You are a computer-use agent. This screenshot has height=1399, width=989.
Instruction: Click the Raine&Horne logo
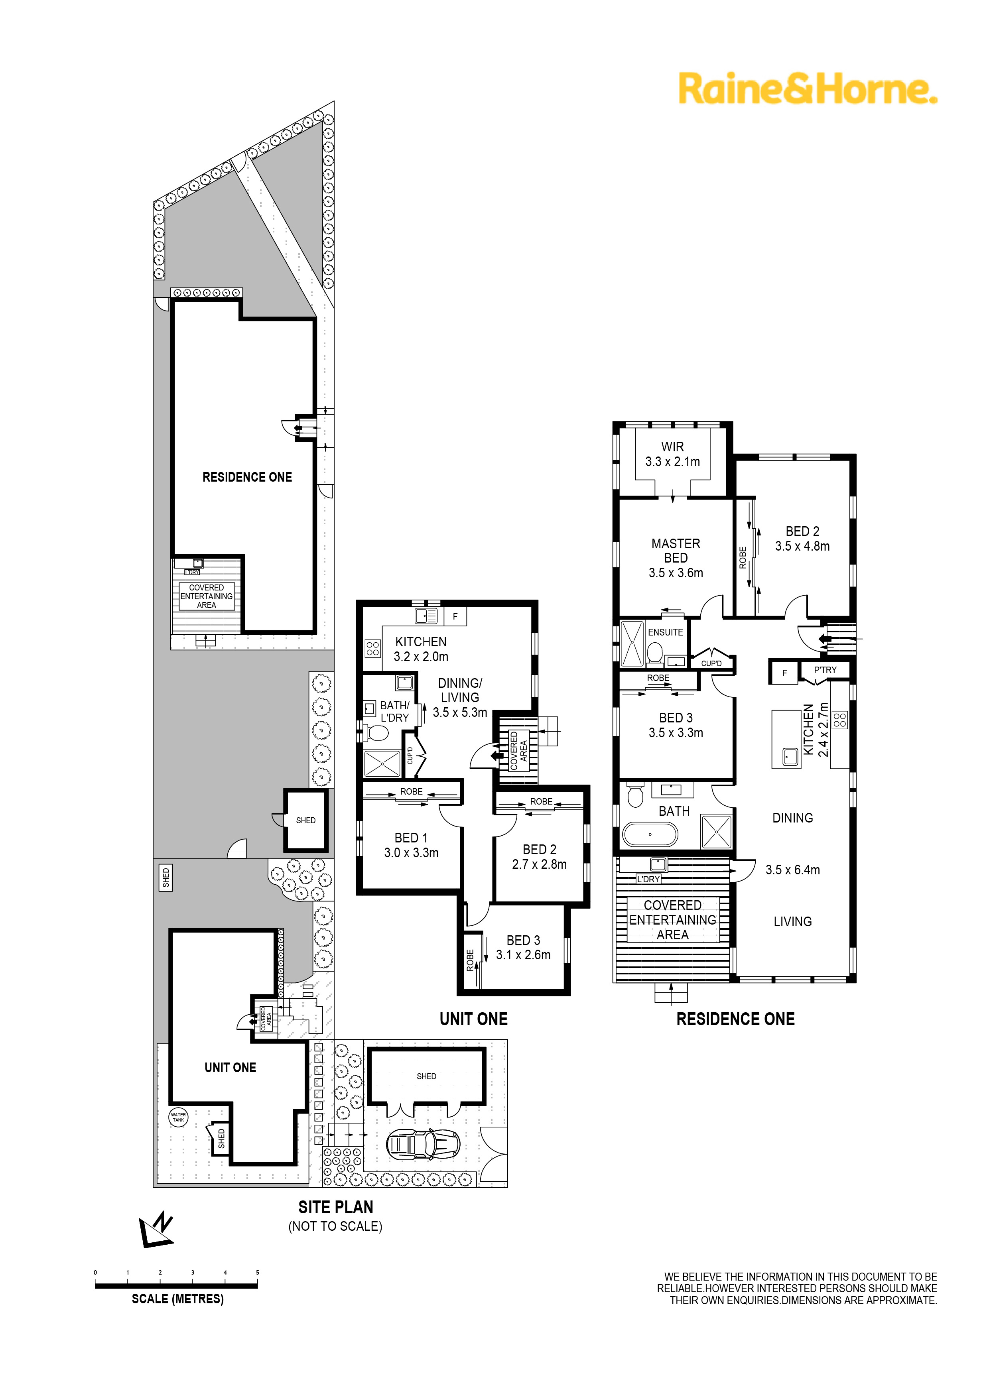click(808, 89)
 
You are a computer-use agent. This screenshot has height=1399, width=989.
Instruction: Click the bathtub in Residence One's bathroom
click(650, 834)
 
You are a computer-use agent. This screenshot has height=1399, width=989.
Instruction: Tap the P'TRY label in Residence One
click(825, 670)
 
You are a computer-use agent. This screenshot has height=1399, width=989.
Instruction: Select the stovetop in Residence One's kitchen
click(840, 720)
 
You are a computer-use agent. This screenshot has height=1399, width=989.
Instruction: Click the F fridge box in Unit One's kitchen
click(455, 617)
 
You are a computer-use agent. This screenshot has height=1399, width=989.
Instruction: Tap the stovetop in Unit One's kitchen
click(372, 648)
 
